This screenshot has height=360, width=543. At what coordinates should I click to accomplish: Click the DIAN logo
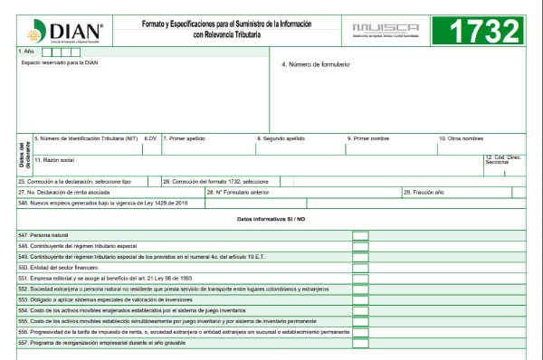[64, 32]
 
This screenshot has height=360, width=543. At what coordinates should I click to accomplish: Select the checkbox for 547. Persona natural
[360, 235]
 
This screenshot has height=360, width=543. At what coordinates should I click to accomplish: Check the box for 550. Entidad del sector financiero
[360, 268]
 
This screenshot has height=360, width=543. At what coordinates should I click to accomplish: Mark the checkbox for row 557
[360, 343]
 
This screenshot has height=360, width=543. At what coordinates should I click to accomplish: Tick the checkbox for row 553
[360, 299]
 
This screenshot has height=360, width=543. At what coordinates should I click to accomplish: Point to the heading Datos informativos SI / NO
[271, 220]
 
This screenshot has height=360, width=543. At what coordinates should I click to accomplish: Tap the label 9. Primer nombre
[368, 138]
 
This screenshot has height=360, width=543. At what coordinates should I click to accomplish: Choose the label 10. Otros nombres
[462, 138]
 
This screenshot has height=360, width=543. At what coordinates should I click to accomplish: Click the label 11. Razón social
[53, 159]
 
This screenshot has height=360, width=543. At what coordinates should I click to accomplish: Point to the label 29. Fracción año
[424, 192]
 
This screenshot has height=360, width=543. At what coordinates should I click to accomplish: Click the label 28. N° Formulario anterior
[238, 192]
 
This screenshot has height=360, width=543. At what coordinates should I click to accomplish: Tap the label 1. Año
[26, 52]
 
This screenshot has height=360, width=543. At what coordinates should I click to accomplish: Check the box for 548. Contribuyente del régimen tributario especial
[360, 246]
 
